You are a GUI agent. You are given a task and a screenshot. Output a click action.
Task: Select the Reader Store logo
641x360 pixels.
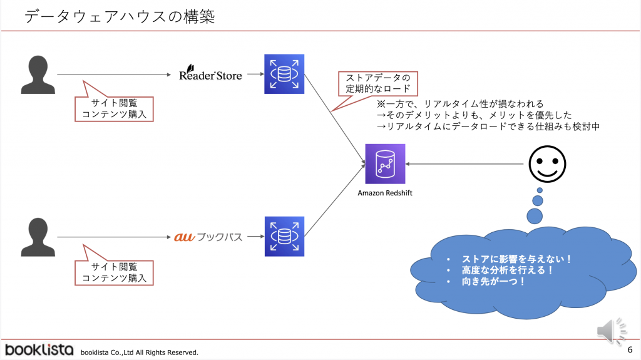tap(210, 75)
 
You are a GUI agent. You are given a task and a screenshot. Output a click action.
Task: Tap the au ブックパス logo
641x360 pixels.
tap(208, 237)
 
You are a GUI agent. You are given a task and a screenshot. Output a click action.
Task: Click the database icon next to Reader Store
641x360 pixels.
tap(284, 75)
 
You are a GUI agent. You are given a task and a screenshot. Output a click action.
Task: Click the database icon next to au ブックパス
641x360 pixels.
tap(284, 237)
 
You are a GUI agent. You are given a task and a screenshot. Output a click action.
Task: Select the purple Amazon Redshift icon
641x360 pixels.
tap(385, 164)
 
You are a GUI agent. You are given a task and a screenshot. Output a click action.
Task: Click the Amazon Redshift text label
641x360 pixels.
tap(385, 193)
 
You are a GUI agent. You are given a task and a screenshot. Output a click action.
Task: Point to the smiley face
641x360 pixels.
tap(547, 164)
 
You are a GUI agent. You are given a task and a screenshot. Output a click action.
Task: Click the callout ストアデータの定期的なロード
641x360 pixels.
tap(374, 83)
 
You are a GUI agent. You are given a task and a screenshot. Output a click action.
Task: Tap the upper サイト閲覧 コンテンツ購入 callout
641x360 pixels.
tap(114, 108)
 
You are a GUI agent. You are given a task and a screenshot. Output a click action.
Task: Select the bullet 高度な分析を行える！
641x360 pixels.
tap(507, 270)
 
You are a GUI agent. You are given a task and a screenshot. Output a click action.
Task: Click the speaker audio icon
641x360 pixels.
tap(609, 330)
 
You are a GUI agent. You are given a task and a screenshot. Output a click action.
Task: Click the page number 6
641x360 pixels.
tap(629, 349)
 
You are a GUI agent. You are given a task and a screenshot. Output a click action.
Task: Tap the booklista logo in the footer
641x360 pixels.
tap(39, 350)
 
